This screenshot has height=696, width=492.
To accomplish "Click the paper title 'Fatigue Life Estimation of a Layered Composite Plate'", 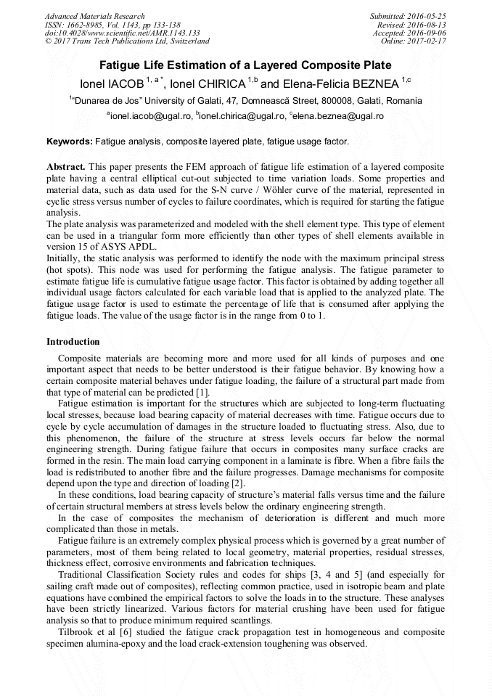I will coord(245,65).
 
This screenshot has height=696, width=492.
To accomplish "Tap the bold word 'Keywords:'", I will coord(70,142).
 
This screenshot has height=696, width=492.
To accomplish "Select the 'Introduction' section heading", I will coord(73,341).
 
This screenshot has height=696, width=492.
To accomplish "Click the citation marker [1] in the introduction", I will coord(203,392).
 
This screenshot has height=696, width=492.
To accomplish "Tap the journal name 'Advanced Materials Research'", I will coord(94,16).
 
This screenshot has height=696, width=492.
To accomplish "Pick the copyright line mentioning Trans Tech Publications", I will coord(127,41).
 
